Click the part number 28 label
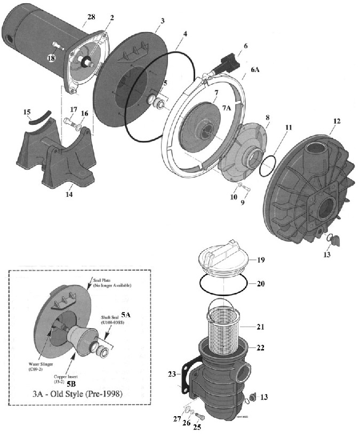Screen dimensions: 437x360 coord(91,18)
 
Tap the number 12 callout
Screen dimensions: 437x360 coord(337,121)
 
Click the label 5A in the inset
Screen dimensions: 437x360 coord(126,315)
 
